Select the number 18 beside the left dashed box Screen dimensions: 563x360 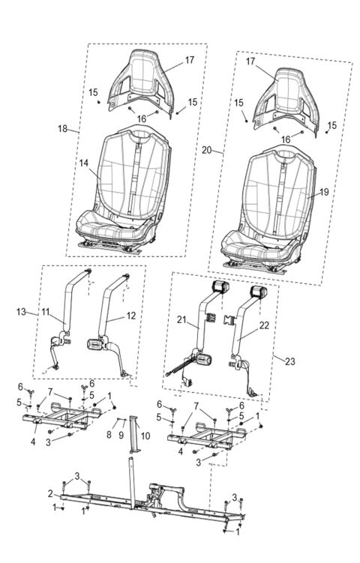[x=63, y=128]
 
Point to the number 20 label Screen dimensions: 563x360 [x=206, y=150]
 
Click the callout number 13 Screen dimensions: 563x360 [x=21, y=310]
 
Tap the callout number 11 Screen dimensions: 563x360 [x=45, y=310]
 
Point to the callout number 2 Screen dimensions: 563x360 [x=50, y=493]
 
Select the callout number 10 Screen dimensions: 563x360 [x=145, y=435]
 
